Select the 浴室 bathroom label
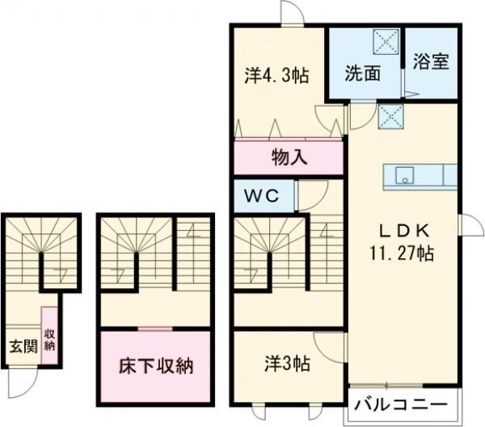coord(431,62)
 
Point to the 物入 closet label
coord(289,157)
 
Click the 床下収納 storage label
coord(157,366)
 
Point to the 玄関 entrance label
coord(22,347)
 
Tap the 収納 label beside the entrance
coord(49,340)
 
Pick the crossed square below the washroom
coord(389,118)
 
